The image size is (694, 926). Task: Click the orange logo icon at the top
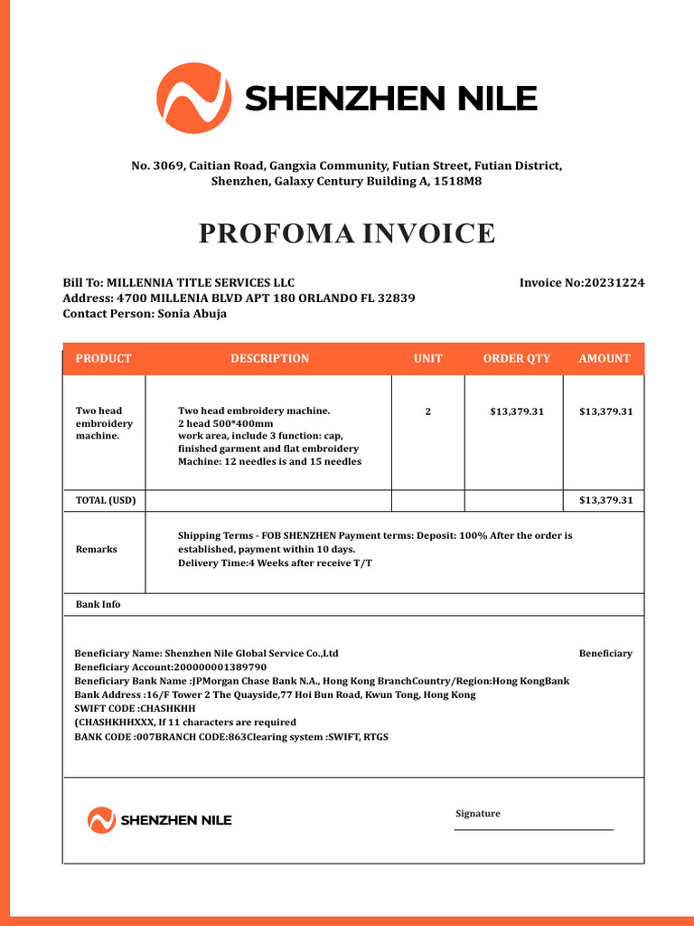coord(193,99)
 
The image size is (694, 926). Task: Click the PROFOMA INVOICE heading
coord(347,233)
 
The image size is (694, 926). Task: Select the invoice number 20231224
coord(614,283)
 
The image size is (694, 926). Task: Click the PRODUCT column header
coord(103,359)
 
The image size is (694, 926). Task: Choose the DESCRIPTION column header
coord(269,359)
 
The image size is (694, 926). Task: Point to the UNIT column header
coord(427,359)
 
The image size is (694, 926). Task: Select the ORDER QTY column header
coord(516,359)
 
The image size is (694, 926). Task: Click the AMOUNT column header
coord(605,359)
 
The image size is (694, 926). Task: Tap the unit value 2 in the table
coord(427,411)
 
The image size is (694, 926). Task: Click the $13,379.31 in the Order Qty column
coord(517,411)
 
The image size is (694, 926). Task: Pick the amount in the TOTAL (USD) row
coord(605,500)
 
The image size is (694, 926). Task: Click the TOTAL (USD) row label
coord(106,500)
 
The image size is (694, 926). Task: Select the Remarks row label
coord(96,550)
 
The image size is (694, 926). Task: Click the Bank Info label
coord(98,604)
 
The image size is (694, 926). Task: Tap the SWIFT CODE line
coord(135,708)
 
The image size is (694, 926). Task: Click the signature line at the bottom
coord(533,828)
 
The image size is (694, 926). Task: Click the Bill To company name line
coord(178,283)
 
